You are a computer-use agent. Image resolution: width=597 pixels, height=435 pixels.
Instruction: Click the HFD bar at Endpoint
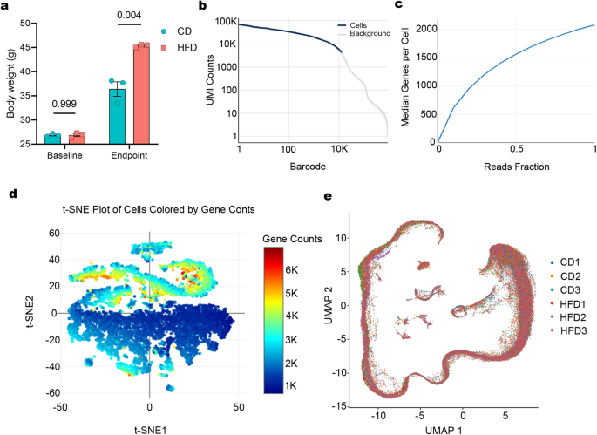point(141,94)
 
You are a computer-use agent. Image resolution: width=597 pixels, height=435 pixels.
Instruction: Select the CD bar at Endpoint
point(117,117)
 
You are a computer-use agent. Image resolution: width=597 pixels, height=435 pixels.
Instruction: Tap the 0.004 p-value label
point(129,15)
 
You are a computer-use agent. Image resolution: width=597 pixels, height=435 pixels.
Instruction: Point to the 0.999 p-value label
point(64,104)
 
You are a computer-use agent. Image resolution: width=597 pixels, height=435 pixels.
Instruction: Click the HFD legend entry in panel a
point(179,48)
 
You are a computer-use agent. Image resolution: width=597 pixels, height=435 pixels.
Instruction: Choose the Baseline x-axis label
point(64,155)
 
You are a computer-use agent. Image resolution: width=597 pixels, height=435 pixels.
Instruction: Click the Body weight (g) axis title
point(10,84)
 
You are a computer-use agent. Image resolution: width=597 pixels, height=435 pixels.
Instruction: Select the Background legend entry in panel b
point(364,33)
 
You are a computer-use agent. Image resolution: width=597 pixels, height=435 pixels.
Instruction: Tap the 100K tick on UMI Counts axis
point(226,21)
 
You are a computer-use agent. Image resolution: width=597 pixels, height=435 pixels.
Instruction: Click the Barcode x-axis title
point(308,167)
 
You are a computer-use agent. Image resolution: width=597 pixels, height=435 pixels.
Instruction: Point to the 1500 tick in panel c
point(425,58)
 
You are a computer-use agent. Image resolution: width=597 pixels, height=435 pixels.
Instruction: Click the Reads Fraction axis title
point(517,167)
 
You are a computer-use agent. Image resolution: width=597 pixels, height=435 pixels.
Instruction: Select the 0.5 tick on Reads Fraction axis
point(517,149)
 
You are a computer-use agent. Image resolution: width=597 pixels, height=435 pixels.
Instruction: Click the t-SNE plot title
point(159,209)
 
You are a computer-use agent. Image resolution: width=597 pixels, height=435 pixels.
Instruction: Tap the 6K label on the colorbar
point(292,270)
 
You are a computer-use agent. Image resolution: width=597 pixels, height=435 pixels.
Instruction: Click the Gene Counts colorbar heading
point(292,239)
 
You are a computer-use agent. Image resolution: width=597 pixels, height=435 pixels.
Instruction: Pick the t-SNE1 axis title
point(151,431)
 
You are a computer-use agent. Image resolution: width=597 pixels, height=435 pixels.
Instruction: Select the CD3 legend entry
point(566,290)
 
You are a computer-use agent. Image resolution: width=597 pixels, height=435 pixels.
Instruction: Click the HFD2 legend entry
point(567,317)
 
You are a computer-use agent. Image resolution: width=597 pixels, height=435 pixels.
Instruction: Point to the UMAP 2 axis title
point(329,305)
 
